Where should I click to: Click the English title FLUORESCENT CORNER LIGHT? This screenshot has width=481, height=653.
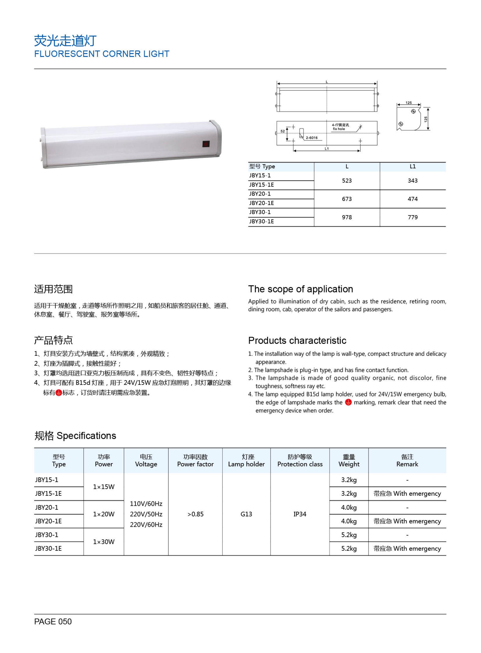(102, 54)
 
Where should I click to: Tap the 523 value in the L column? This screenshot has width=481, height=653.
(347, 181)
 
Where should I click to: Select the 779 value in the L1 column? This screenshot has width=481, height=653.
(413, 217)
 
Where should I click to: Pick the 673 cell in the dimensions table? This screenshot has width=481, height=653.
(347, 199)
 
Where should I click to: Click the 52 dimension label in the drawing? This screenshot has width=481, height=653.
(282, 131)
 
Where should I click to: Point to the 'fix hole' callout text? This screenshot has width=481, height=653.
(339, 129)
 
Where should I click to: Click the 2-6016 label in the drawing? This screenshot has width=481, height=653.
(312, 138)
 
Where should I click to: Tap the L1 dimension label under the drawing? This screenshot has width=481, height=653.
(327, 149)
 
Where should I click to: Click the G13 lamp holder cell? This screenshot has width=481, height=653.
(246, 514)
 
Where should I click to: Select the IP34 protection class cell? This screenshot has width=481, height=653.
(300, 514)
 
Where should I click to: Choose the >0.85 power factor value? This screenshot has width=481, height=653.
(195, 514)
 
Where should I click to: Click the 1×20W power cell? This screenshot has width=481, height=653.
(104, 514)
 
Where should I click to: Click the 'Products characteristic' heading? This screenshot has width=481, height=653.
(297, 340)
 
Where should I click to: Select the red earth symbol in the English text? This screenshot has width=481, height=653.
(348, 402)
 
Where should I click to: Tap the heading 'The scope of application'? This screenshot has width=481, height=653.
(301, 289)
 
